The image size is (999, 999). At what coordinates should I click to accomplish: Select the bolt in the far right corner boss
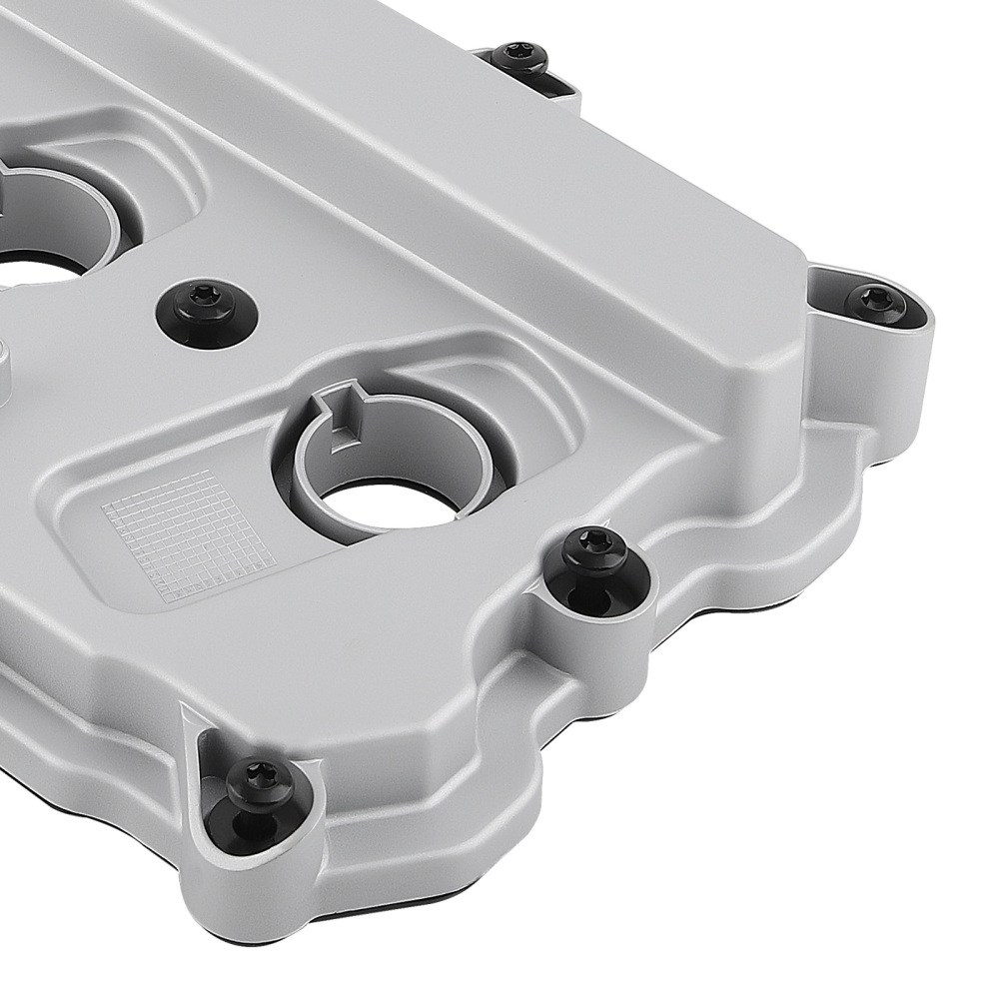pos(877,301)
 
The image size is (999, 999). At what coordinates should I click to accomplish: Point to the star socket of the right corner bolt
pos(877,297)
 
